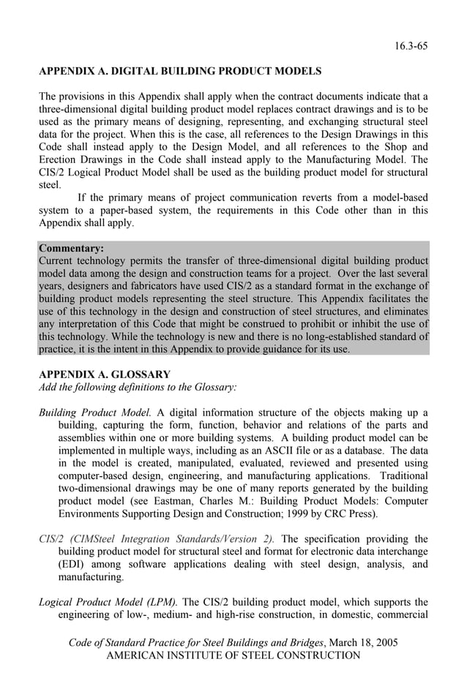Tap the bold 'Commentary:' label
[71, 248]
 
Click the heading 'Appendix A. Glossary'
[104, 374]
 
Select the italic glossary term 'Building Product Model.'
[94, 412]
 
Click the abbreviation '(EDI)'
[72, 564]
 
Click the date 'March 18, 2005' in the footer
[363, 642]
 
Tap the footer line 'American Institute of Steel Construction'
[233, 655]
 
